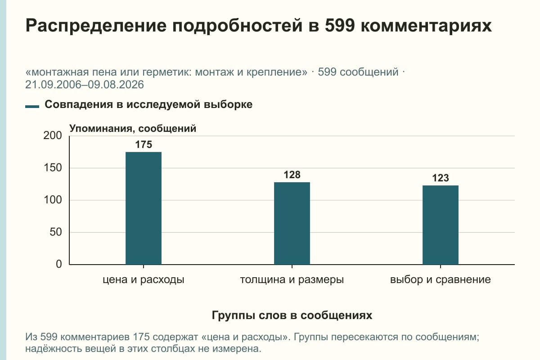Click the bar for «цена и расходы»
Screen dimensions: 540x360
coord(144,208)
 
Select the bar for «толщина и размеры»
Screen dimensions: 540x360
coord(292,224)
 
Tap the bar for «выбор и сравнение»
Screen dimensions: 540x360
coord(441,225)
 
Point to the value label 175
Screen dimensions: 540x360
coord(144,144)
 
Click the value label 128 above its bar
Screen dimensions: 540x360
coord(292,175)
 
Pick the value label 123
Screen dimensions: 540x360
coord(441,178)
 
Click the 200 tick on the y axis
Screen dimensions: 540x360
coord(53,135)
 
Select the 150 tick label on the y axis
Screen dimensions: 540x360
coord(53,168)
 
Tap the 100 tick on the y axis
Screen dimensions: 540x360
coord(53,200)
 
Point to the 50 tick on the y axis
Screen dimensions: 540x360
coord(56,232)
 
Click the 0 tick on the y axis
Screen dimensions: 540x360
coord(59,264)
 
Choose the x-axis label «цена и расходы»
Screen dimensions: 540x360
coord(144,280)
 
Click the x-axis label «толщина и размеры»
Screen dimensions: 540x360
coord(292,280)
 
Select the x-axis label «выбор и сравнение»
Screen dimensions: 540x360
coord(441,280)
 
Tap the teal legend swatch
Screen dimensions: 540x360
coord(32,107)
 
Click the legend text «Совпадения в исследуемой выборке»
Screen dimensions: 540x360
coord(148,104)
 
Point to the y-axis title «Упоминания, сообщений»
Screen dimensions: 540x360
coord(133,129)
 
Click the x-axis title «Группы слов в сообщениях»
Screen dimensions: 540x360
coord(292,315)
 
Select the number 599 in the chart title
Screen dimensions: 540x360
coord(340,25)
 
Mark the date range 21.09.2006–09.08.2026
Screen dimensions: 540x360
coord(85,85)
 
